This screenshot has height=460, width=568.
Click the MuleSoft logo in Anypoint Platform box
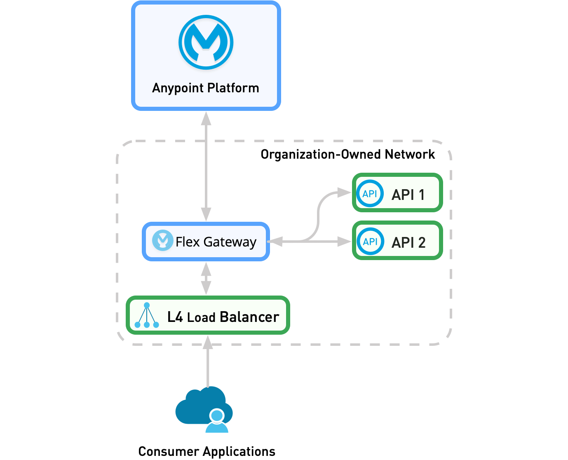point(206,42)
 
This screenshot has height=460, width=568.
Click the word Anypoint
point(178,88)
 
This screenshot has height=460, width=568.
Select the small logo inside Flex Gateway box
point(162,240)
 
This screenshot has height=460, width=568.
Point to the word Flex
point(188,242)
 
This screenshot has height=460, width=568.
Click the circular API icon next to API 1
point(370,193)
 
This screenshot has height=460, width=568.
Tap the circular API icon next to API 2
point(370,241)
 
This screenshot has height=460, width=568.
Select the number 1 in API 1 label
point(421,195)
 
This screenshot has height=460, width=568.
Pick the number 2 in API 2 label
point(422,242)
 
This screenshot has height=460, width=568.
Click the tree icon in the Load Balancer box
point(147,316)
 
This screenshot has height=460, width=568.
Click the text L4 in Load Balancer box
point(175,317)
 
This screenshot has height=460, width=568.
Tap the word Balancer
point(249,317)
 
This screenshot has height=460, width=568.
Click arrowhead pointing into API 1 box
point(344,192)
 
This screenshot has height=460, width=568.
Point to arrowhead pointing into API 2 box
point(344,242)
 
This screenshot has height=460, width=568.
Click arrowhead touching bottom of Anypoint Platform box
point(206,118)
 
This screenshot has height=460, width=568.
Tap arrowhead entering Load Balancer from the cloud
point(208,342)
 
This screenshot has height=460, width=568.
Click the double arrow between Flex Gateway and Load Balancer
point(206,279)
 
